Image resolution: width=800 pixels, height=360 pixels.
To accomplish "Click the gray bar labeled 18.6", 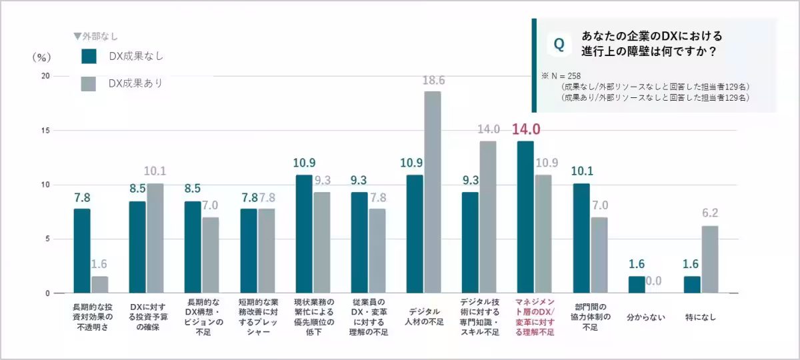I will point(433,192).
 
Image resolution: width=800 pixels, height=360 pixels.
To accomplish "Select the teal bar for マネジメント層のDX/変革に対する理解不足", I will point(525,217).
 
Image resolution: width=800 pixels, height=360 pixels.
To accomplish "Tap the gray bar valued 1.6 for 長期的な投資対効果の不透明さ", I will point(99,285).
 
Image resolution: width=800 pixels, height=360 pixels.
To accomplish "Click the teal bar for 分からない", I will point(637,285).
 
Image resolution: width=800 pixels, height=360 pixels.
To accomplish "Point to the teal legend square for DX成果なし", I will point(89,56).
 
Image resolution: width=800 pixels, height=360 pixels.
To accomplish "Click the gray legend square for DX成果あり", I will point(89,84).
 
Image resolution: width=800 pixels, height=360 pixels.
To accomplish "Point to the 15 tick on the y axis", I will point(45,131).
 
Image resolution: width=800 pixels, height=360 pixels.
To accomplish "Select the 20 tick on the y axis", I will point(45,76).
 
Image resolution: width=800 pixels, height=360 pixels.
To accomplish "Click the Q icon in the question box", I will point(559,44).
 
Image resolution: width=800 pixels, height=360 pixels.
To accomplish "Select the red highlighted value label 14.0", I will point(525,129).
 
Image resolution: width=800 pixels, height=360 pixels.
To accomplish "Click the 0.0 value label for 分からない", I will point(655,281).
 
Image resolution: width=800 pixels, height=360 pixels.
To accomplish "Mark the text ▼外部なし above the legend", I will point(96,36).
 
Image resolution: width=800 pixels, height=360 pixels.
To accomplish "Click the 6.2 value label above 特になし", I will point(710,214).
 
